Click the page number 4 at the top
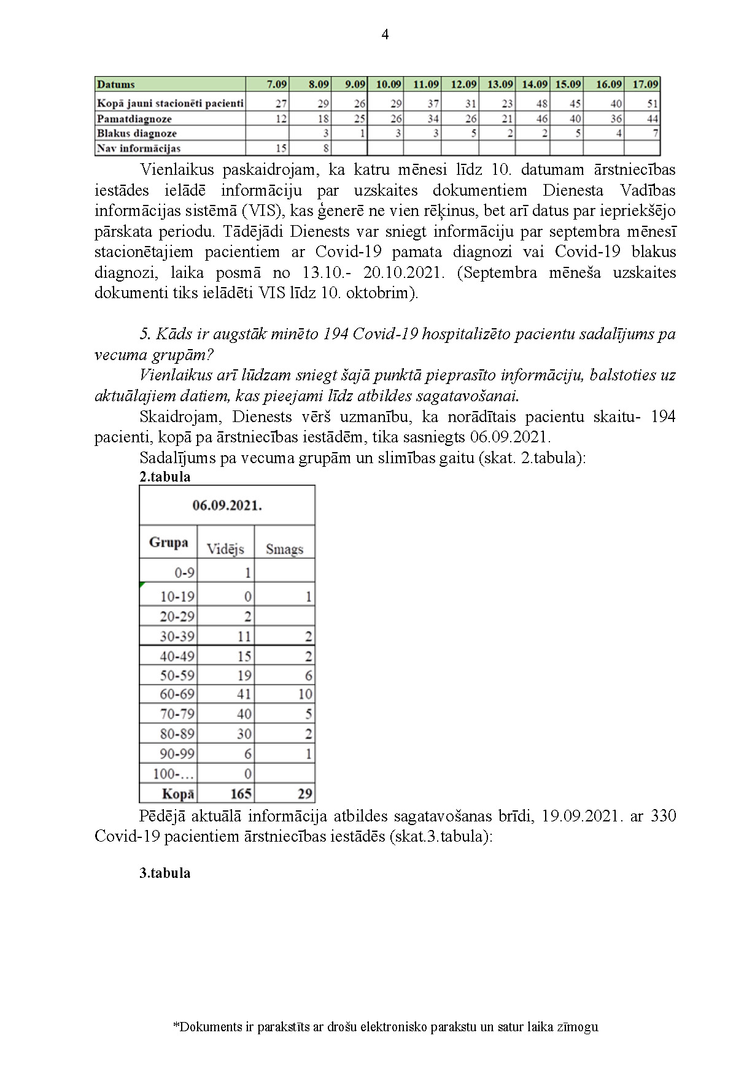pos(385,35)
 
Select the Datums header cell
pos(116,85)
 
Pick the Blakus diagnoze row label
pos(137,133)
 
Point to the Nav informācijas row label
pos(139,148)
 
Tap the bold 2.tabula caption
pos(165,477)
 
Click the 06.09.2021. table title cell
pos(227,506)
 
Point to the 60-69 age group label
pos(177,694)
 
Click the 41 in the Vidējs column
pos(244,694)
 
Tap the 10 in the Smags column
pos(305,694)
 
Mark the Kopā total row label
pos(178,794)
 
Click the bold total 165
pos(241,794)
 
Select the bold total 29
pos(305,794)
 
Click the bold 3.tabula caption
pos(165,873)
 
